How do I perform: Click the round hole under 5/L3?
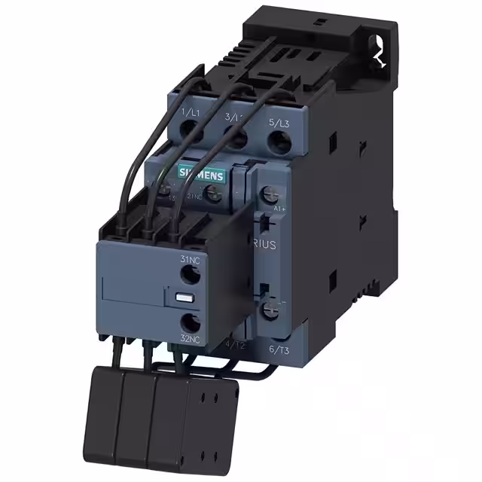(x=281, y=141)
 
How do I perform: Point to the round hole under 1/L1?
(x=194, y=133)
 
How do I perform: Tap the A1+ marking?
(x=279, y=209)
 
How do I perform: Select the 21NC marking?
(x=194, y=197)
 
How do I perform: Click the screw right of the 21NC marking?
(x=214, y=195)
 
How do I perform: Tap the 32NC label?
(x=190, y=339)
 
